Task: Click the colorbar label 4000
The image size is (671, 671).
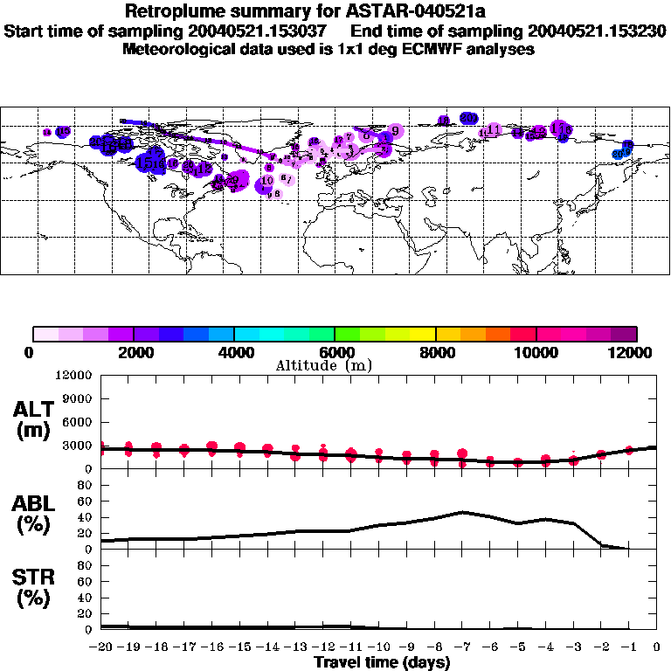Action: (x=234, y=352)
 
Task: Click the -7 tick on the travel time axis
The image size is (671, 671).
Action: (x=463, y=647)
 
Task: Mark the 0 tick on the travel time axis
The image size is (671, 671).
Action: (x=656, y=647)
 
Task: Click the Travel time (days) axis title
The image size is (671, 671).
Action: (x=382, y=662)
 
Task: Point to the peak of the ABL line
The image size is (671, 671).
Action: (x=463, y=512)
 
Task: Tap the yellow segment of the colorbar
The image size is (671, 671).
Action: (x=423, y=334)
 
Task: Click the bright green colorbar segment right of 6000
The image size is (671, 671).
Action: (x=347, y=334)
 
